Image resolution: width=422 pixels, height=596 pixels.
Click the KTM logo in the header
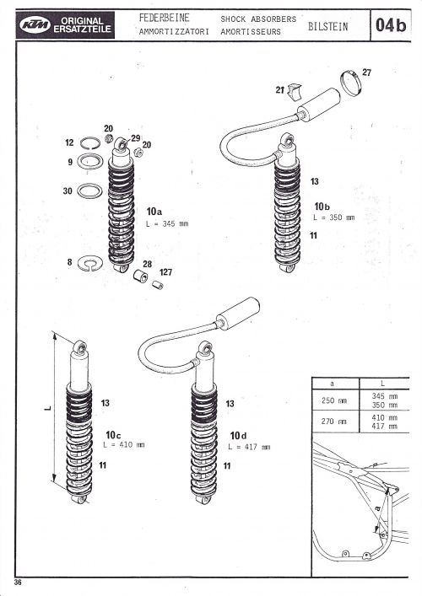(x=35, y=25)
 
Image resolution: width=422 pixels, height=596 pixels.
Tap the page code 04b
(x=391, y=25)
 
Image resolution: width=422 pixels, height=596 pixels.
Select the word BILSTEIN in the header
(x=327, y=27)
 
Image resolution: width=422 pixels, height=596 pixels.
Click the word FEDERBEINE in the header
(x=164, y=18)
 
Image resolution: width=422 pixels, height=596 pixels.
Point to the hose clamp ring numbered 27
(x=350, y=83)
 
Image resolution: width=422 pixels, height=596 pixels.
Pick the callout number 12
(x=69, y=142)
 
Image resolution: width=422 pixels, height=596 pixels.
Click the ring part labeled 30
(x=89, y=191)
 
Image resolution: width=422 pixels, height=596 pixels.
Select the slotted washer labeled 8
(x=89, y=263)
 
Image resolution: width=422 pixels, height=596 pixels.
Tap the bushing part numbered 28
(x=140, y=276)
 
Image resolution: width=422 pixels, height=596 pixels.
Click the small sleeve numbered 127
(x=158, y=285)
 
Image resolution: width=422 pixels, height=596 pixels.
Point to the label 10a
(x=154, y=212)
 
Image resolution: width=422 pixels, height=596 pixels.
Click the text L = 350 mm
(x=333, y=217)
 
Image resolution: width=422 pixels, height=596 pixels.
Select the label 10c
(x=113, y=435)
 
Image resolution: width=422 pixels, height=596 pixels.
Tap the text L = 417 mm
(x=249, y=448)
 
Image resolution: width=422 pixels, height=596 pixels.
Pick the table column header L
(x=383, y=384)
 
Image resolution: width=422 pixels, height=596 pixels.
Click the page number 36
(x=18, y=583)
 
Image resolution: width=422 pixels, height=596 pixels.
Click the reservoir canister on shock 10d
(x=238, y=314)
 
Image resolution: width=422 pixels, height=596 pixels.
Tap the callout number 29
(x=136, y=138)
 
